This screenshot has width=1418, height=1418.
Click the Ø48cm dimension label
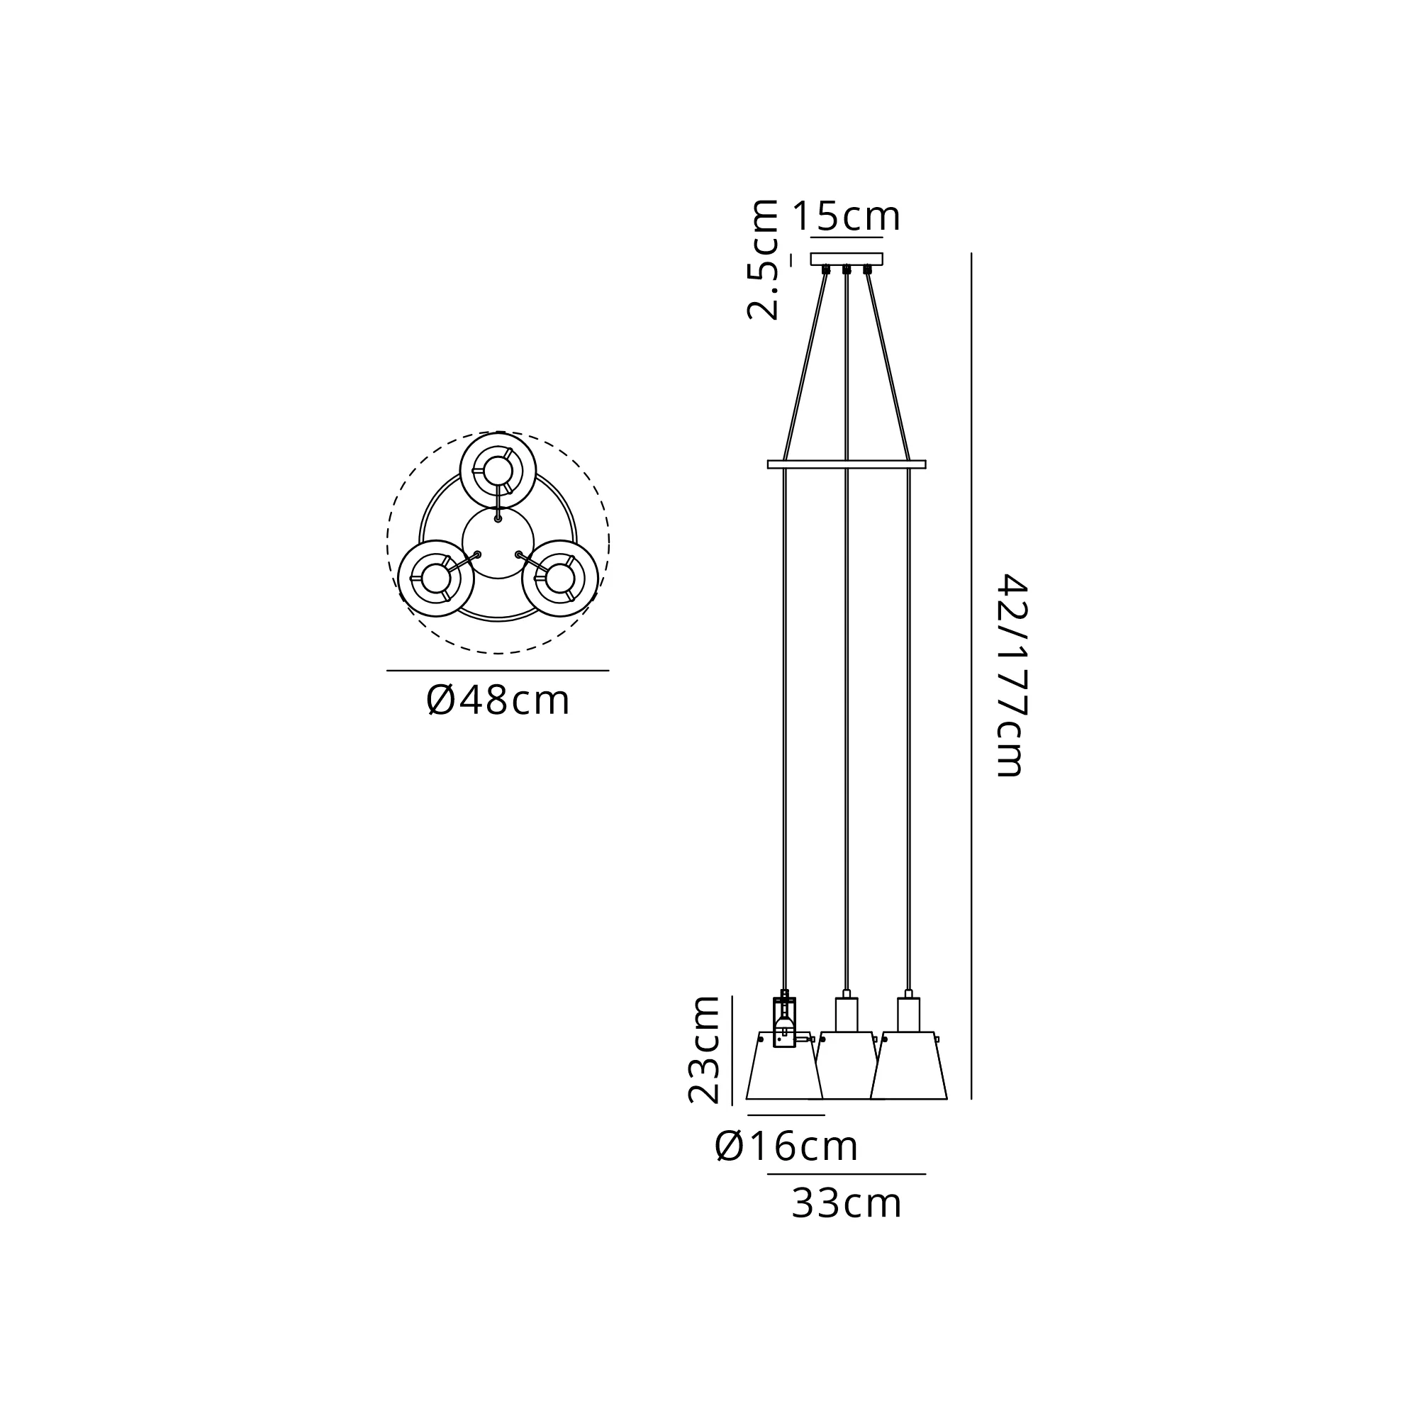(498, 700)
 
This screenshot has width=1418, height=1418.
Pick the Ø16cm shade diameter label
(786, 1146)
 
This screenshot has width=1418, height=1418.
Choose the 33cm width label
(847, 1204)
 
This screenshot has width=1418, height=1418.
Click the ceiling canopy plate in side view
(847, 259)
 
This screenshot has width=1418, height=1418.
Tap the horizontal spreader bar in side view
(847, 464)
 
